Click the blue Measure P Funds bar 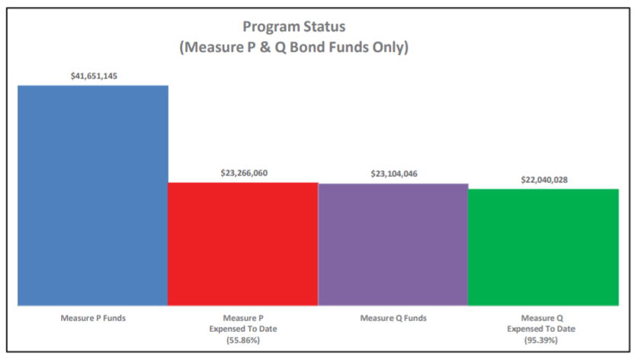(x=93, y=194)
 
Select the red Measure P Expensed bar (x=243, y=243)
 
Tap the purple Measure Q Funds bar (x=393, y=244)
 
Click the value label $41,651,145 (x=94, y=76)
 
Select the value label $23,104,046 (x=393, y=174)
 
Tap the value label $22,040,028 (x=543, y=179)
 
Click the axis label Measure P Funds (x=93, y=317)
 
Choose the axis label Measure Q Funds (x=393, y=317)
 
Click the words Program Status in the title (x=294, y=28)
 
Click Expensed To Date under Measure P (x=244, y=328)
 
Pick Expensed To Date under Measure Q (x=543, y=328)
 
